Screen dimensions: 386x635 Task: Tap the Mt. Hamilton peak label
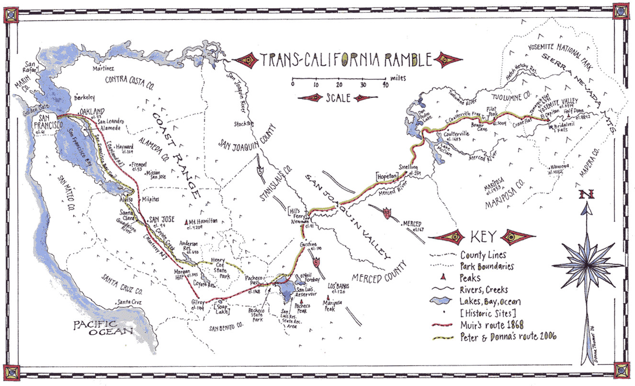tap(204, 221)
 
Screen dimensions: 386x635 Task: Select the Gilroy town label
tap(198, 303)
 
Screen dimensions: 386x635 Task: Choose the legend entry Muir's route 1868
tap(494, 326)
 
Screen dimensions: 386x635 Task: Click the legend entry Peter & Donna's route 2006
tap(508, 337)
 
